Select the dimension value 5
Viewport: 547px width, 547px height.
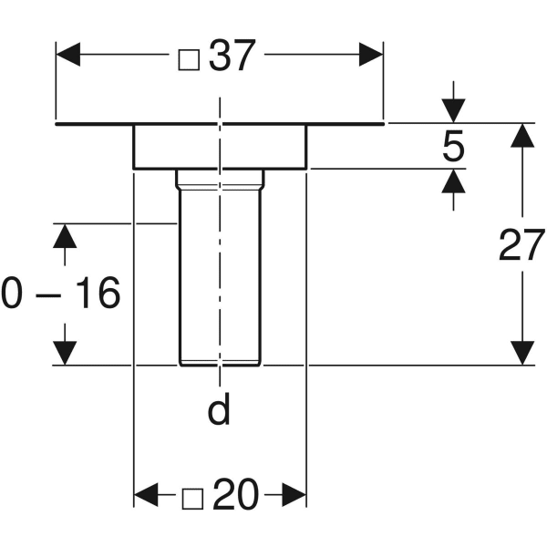point(453,147)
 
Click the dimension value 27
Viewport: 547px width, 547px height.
point(521,245)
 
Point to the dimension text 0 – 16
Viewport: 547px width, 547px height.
point(60,294)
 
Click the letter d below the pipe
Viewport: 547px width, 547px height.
point(219,411)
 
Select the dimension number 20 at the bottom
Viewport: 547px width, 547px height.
point(235,496)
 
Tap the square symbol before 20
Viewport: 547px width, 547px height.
point(191,498)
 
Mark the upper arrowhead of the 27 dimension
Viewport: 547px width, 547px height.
point(521,135)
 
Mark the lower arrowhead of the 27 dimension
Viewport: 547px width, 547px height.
point(521,353)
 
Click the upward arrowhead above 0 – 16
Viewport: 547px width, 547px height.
point(62,235)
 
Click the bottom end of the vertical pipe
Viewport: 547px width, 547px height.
point(219,363)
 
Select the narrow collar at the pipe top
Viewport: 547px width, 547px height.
point(219,178)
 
